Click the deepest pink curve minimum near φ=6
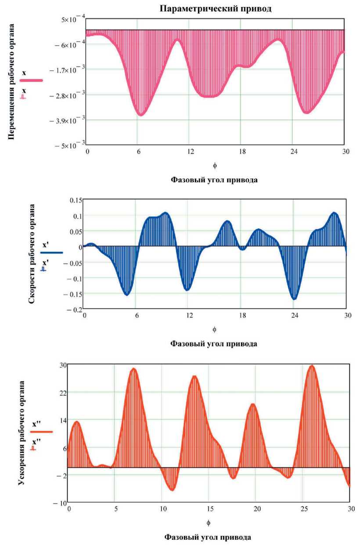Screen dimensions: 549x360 pos(141,115)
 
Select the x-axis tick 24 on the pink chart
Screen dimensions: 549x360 pos(292,152)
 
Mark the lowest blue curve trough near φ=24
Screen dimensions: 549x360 pos(295,299)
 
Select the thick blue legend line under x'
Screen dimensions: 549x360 pos(51,253)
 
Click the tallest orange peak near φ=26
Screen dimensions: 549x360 pos(312,365)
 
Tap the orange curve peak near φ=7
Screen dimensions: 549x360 pos(133,368)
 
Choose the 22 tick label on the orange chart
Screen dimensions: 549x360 pos(62,392)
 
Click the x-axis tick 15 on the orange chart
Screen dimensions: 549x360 pos(209,508)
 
